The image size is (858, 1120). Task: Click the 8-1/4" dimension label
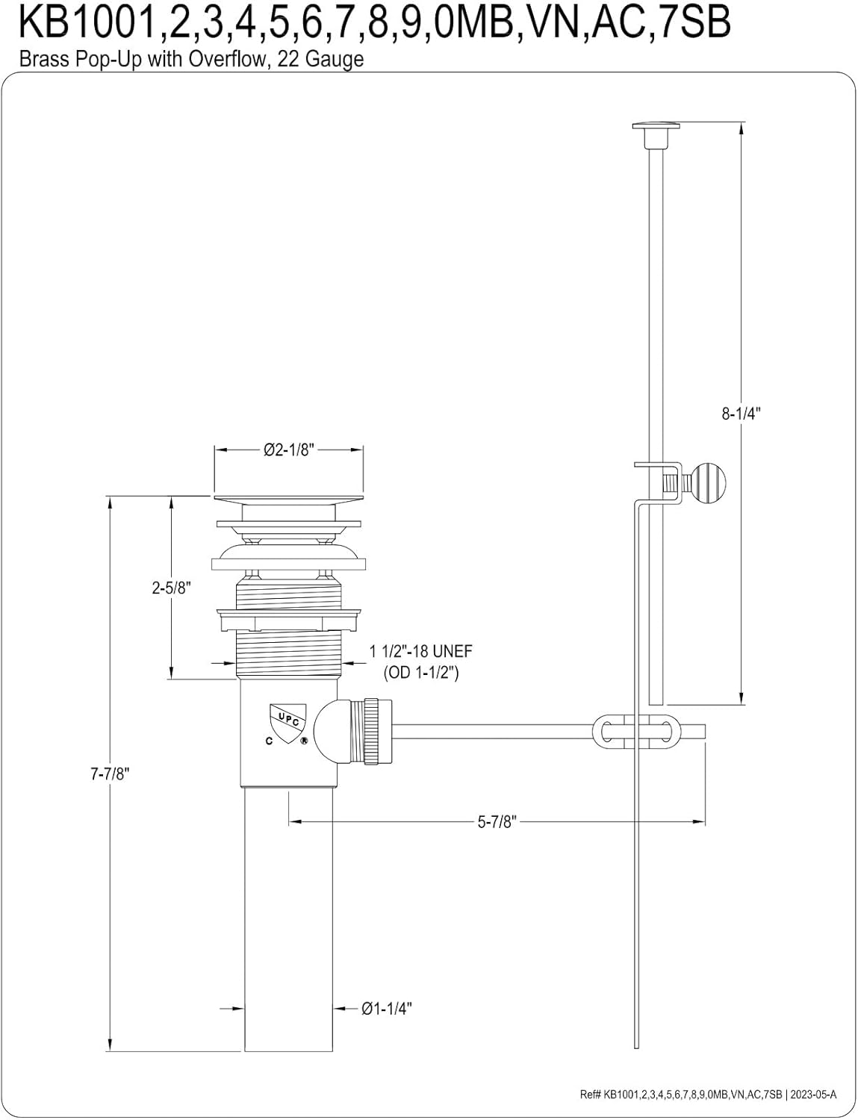[x=741, y=414]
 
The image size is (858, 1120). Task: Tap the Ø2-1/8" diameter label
[x=288, y=450]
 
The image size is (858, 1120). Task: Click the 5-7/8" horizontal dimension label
[x=497, y=821]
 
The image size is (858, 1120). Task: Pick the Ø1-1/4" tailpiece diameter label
[x=387, y=1009]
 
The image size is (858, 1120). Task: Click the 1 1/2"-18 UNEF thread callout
[x=420, y=652]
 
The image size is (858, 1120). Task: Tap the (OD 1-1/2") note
[x=420, y=673]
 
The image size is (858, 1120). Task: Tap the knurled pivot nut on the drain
[x=378, y=732]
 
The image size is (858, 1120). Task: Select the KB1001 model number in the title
[x=87, y=22]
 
